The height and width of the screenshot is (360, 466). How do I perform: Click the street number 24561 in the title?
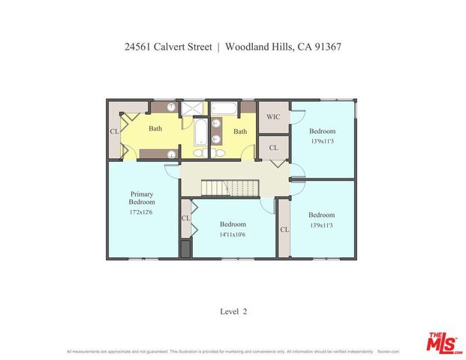click(x=140, y=46)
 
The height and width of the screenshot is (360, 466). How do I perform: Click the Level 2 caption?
click(x=233, y=311)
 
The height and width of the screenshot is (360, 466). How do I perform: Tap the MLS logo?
click(x=444, y=342)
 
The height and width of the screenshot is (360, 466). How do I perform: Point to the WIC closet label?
click(x=273, y=117)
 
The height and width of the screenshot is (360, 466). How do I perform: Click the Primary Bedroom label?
click(x=142, y=198)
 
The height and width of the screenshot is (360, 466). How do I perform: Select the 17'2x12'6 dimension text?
click(x=142, y=212)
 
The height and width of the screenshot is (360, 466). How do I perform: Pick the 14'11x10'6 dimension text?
click(x=233, y=235)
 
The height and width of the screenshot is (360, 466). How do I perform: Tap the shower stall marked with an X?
click(x=194, y=107)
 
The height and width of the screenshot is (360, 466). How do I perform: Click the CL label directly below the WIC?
click(x=273, y=148)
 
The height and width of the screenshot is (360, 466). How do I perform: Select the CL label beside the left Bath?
click(x=115, y=131)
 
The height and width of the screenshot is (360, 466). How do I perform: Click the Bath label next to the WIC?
click(x=239, y=131)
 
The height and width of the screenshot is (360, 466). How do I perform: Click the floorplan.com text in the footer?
click(x=388, y=351)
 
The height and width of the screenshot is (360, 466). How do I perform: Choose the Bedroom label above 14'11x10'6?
click(x=233, y=224)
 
